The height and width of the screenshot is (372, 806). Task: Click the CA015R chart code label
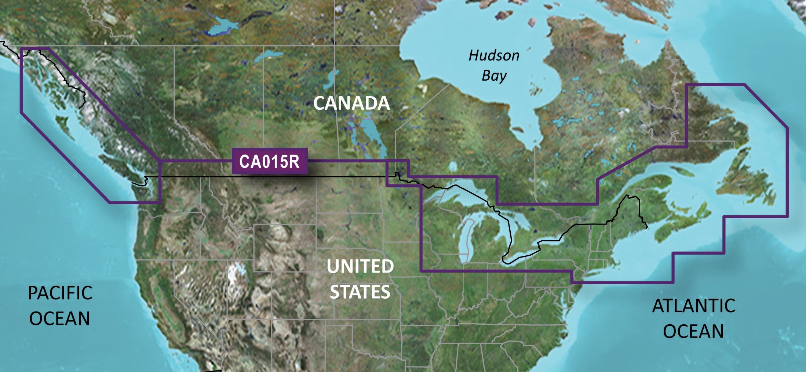[x=269, y=161]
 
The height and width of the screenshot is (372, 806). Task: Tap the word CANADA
[x=351, y=103]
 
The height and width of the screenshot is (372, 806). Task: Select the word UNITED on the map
[x=360, y=266]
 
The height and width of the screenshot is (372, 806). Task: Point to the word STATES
[x=360, y=292]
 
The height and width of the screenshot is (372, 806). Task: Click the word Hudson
[x=494, y=56]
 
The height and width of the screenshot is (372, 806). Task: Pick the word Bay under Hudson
[x=494, y=76]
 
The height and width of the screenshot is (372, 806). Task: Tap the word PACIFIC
[x=60, y=293]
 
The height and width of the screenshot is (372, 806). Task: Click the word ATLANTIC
[x=693, y=306]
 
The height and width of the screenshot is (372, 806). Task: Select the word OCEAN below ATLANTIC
[x=693, y=331]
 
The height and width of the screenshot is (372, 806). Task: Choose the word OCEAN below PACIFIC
[x=60, y=318]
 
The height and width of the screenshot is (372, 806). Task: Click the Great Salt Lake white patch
[x=235, y=273]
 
